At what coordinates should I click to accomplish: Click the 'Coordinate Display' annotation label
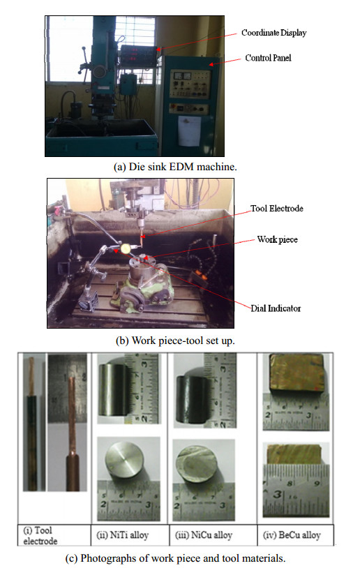click(x=273, y=33)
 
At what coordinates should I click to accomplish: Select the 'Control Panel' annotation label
click(x=268, y=58)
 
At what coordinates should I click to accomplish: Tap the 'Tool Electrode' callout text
click(x=277, y=209)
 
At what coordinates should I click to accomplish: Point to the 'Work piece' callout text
click(x=278, y=239)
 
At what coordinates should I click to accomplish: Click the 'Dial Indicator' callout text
click(x=276, y=308)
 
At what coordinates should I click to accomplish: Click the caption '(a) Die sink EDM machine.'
click(x=175, y=167)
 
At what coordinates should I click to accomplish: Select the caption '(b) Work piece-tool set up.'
click(x=175, y=341)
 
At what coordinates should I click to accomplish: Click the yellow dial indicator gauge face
click(x=126, y=248)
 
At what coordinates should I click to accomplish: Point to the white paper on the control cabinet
click(x=189, y=131)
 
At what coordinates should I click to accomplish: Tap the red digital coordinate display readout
click(x=133, y=54)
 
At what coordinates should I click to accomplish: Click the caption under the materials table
click(x=175, y=558)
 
